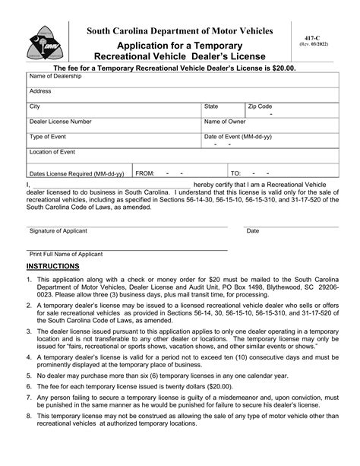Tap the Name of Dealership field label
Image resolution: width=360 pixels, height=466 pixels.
pyautogui.click(x=54, y=77)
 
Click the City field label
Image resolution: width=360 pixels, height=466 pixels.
pyautogui.click(x=35, y=106)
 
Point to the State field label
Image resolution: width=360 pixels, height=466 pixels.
pyautogui.click(x=212, y=106)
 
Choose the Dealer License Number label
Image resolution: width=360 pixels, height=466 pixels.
pyautogui.click(x=61, y=122)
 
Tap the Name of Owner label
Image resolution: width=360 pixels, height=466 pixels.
pyautogui.click(x=225, y=122)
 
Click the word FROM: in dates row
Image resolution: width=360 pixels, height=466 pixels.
pyautogui.click(x=145, y=173)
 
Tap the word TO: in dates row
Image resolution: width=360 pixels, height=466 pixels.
pyautogui.click(x=235, y=173)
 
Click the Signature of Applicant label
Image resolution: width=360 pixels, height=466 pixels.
pyautogui.click(x=63, y=231)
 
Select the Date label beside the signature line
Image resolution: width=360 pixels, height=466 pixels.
pyautogui.click(x=253, y=231)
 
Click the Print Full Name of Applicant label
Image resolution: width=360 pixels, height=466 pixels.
pyautogui.click(x=66, y=254)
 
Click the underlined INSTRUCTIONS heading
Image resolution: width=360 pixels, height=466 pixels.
pyautogui.click(x=52, y=267)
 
